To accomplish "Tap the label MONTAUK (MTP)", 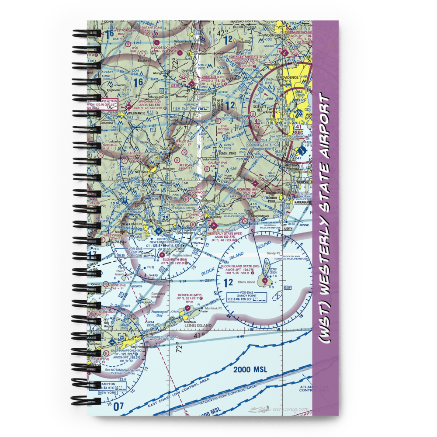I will click(x=189, y=295).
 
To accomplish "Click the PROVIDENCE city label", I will click(x=298, y=77).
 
